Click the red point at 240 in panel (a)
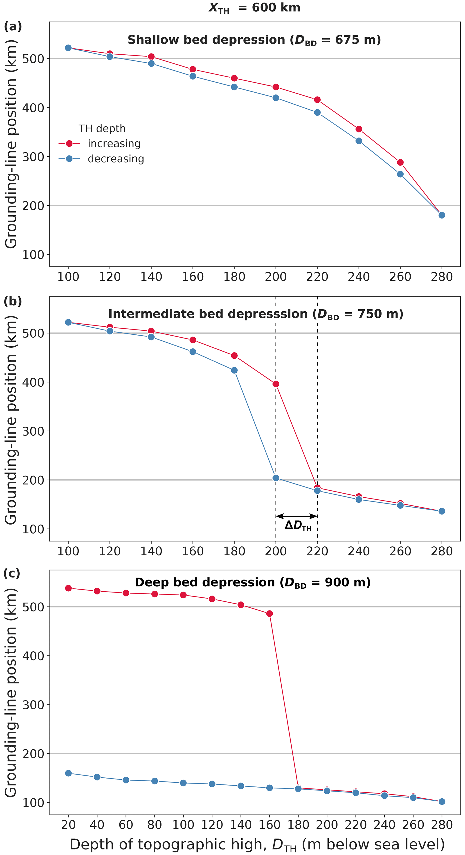359,129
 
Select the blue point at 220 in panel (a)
317,113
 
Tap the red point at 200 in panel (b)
276,384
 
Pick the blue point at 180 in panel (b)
234,370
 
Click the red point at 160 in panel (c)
270,614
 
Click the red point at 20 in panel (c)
68,588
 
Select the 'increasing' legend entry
114,144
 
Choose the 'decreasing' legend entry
116,159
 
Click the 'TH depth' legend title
102,128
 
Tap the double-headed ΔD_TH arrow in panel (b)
297,516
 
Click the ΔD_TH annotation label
298,525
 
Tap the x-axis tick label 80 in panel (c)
155,825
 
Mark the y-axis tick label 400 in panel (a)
33,108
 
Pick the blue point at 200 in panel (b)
276,478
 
